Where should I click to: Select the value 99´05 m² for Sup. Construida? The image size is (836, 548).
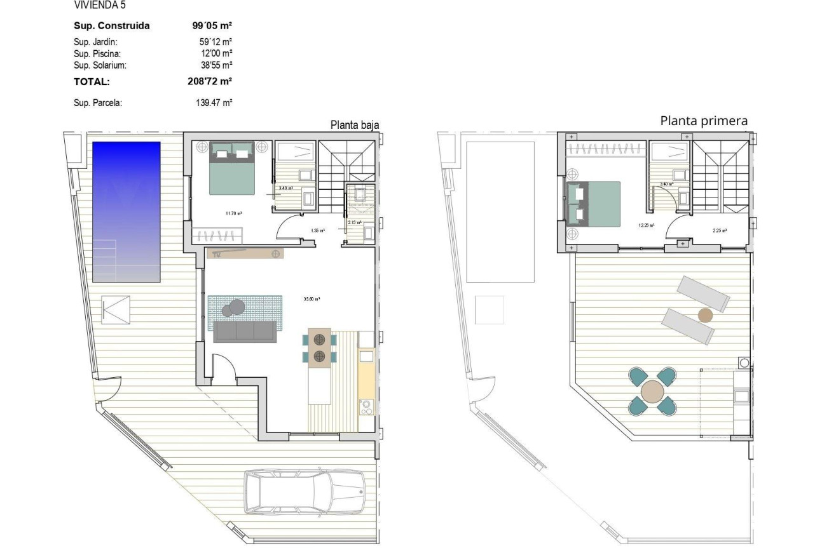212,26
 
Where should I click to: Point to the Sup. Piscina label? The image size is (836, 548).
97,54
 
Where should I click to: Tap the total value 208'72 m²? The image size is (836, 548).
212,81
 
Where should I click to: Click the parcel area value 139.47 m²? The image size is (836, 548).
214,102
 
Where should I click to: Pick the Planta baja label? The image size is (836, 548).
354,125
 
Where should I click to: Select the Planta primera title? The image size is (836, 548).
704,121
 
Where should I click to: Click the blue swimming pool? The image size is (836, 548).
127,211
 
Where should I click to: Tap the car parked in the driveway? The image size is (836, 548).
305,492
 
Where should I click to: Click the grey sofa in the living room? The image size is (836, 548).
245,331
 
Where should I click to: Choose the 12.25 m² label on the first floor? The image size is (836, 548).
647,225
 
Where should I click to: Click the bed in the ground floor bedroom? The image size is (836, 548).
233,168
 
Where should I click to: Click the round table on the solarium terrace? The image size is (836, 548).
652,392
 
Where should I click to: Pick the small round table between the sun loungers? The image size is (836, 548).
704,314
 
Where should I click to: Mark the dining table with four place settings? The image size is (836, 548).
319,348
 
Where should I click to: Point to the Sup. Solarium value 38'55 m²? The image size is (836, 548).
216,65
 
